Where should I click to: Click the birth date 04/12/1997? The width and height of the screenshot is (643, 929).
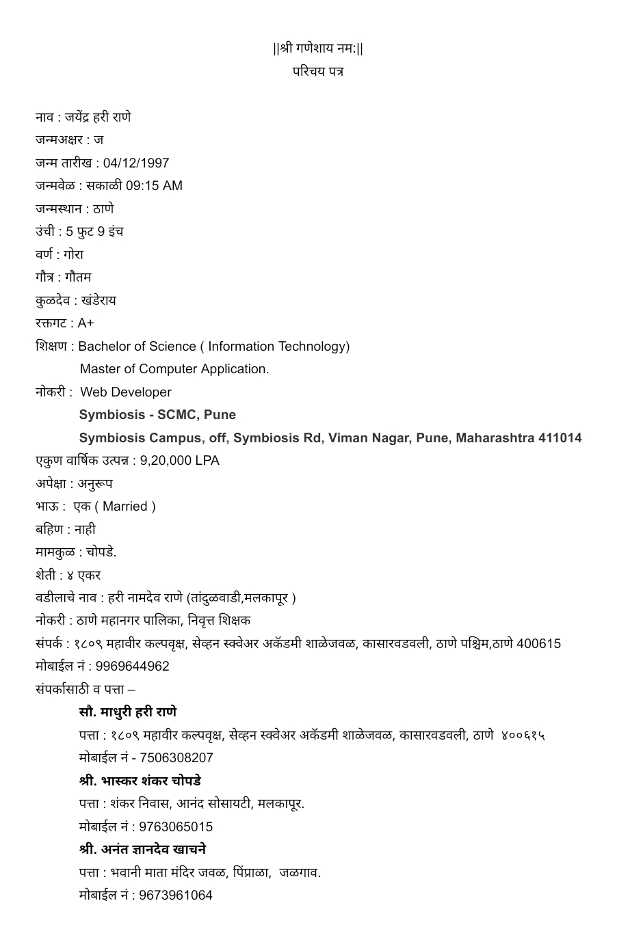(x=136, y=163)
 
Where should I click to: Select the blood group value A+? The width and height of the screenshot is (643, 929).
(x=86, y=323)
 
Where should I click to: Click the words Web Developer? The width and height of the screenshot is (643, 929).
(x=126, y=392)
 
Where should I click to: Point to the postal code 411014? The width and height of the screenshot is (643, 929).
(x=560, y=438)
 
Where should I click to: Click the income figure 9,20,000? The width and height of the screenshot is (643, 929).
(x=166, y=461)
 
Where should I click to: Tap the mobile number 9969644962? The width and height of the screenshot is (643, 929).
(x=133, y=667)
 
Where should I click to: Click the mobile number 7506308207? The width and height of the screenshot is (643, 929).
(x=176, y=758)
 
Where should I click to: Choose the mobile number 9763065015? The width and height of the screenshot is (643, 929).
(x=176, y=827)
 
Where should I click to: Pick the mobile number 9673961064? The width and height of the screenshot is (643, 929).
(x=176, y=896)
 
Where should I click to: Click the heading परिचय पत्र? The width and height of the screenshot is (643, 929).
(x=318, y=71)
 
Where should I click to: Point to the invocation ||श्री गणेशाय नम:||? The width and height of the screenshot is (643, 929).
(x=318, y=49)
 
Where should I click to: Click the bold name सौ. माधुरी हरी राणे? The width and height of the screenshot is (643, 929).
(x=128, y=712)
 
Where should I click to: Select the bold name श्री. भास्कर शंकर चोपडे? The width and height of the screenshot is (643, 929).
(x=140, y=781)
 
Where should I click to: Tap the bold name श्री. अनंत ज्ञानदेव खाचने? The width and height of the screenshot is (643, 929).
(x=142, y=850)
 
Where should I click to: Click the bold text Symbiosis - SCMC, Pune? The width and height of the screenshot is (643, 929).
(x=157, y=415)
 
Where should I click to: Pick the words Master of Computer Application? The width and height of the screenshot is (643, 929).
(x=174, y=369)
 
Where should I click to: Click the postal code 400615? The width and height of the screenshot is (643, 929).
(x=538, y=644)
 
